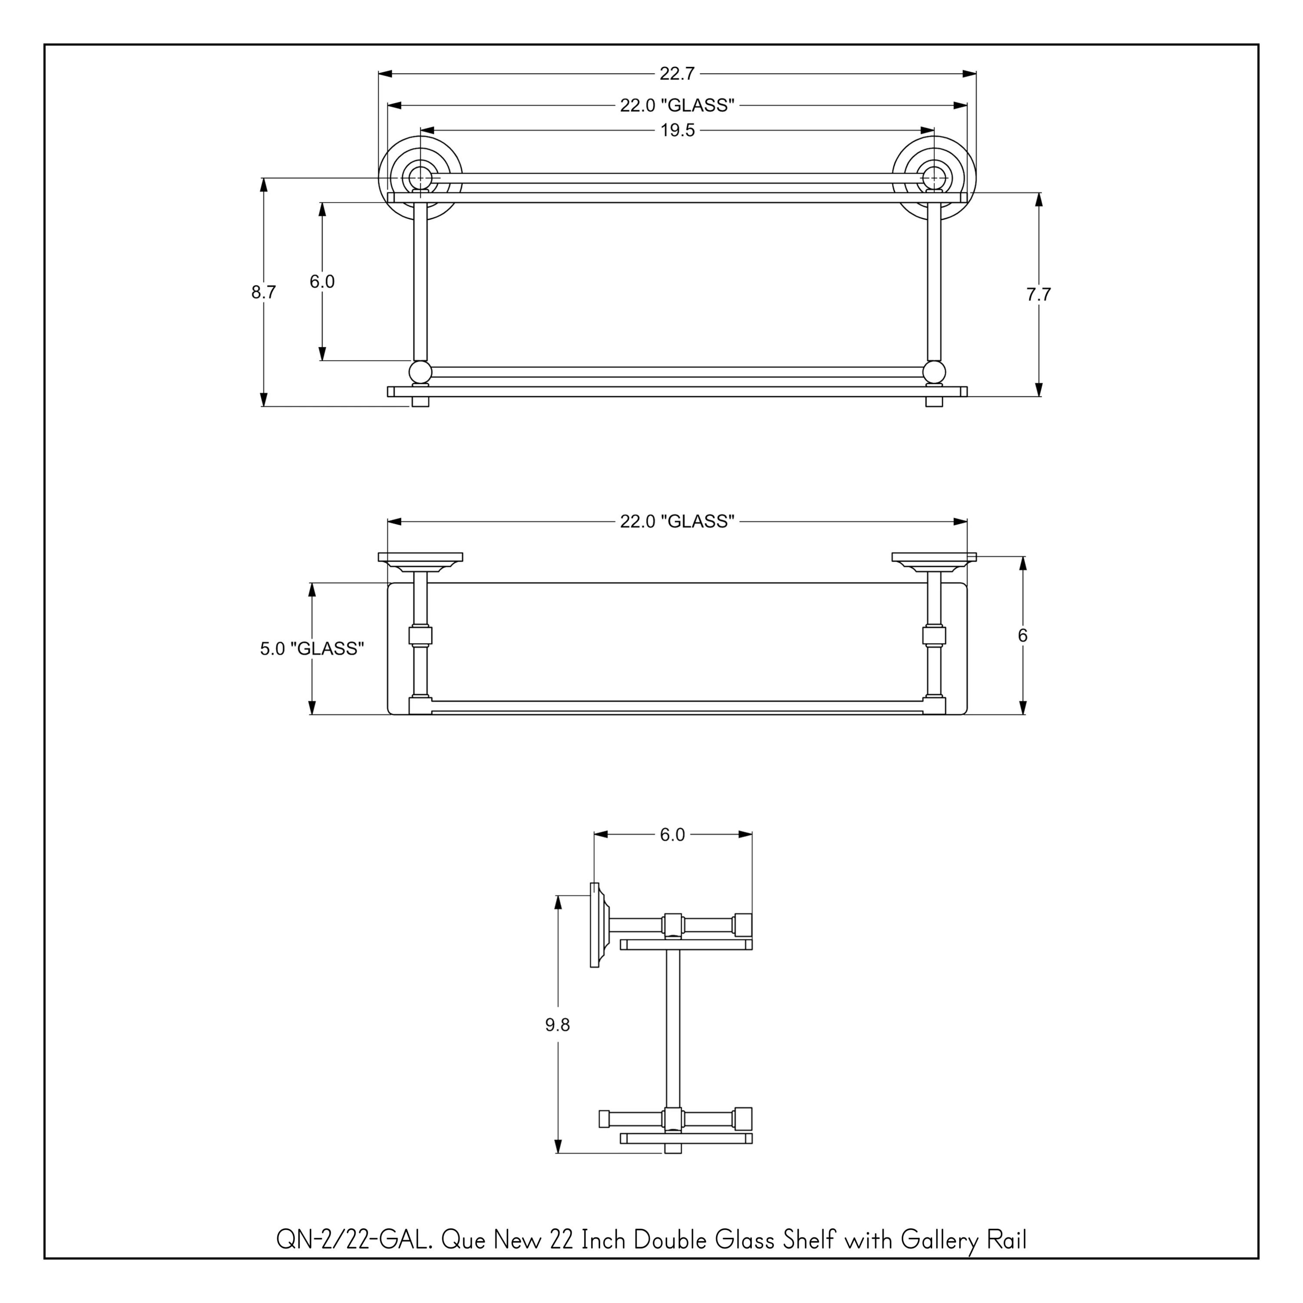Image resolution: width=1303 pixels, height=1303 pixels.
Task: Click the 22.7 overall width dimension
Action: [677, 73]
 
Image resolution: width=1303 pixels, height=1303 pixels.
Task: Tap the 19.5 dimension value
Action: [677, 131]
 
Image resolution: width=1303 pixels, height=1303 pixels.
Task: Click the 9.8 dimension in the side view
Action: [558, 1025]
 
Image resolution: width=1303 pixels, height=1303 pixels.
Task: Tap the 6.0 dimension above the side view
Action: [672, 835]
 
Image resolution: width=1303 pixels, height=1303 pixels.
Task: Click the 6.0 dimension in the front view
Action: [322, 282]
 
